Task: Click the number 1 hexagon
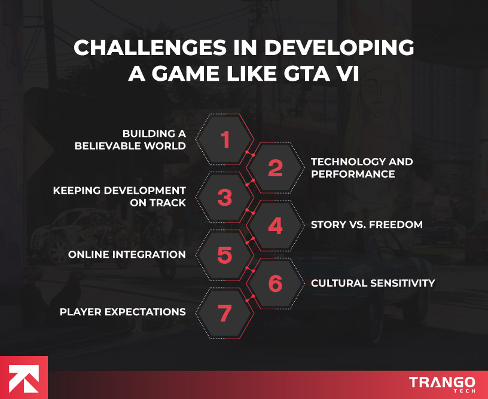tap(224, 140)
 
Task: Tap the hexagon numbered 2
tap(274, 168)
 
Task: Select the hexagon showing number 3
tap(224, 197)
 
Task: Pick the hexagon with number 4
tap(274, 226)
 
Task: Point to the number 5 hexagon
tap(224, 254)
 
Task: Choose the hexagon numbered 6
tap(274, 283)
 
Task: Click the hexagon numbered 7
tap(224, 312)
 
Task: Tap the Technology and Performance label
tap(362, 168)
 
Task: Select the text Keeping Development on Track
tap(120, 197)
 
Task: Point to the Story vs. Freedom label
tap(367, 225)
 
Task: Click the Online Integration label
tap(127, 254)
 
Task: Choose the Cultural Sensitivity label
tap(373, 283)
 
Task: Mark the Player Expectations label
tap(122, 312)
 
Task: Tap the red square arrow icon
tap(23, 377)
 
